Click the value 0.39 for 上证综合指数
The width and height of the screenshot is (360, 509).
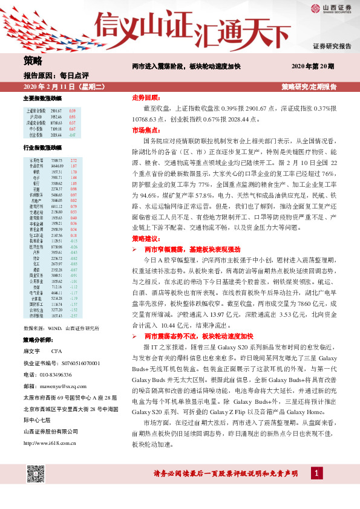pyautogui.click(x=73, y=111)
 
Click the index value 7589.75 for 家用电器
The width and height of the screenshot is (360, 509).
pyautogui.click(x=57, y=160)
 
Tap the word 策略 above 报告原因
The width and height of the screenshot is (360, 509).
pyautogui.click(x=33, y=60)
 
